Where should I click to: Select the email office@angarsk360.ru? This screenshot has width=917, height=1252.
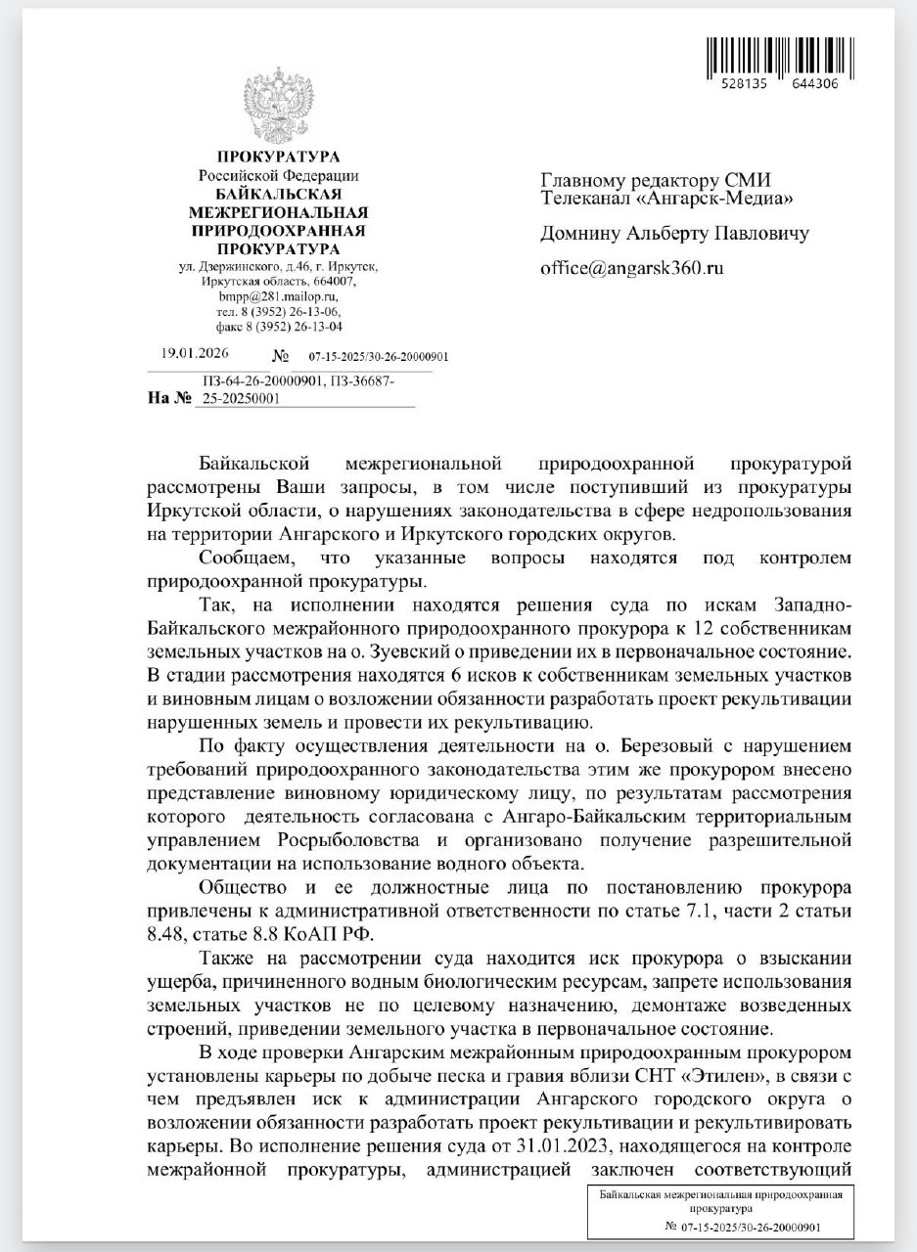click(631, 266)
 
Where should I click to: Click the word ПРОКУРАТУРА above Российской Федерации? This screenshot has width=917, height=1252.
click(278, 156)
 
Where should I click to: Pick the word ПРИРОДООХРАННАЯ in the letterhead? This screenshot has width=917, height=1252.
click(278, 231)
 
